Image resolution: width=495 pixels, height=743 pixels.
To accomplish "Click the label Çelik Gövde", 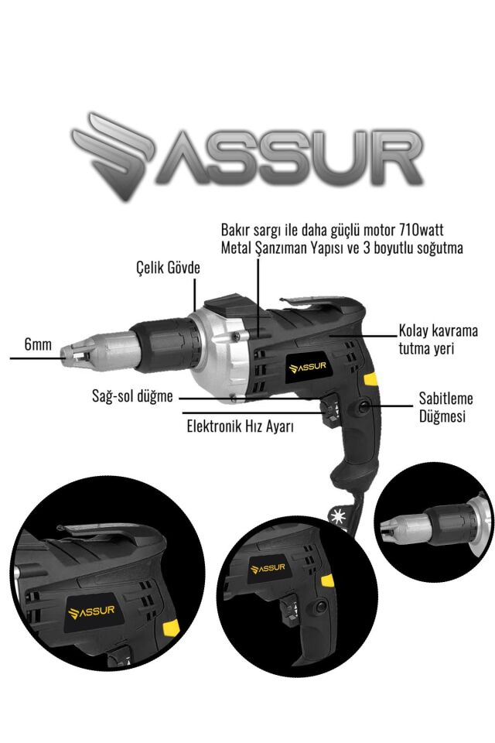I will [x=164, y=269].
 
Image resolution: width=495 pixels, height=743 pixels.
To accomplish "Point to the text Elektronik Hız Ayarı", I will [x=240, y=426].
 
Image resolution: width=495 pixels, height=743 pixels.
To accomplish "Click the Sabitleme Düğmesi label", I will [x=445, y=407].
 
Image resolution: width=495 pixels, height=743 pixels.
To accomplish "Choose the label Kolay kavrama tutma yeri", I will [x=438, y=340].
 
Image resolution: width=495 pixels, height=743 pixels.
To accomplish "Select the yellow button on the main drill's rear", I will [x=372, y=379].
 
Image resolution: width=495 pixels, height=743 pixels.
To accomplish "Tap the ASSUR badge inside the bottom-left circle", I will [x=91, y=612].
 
